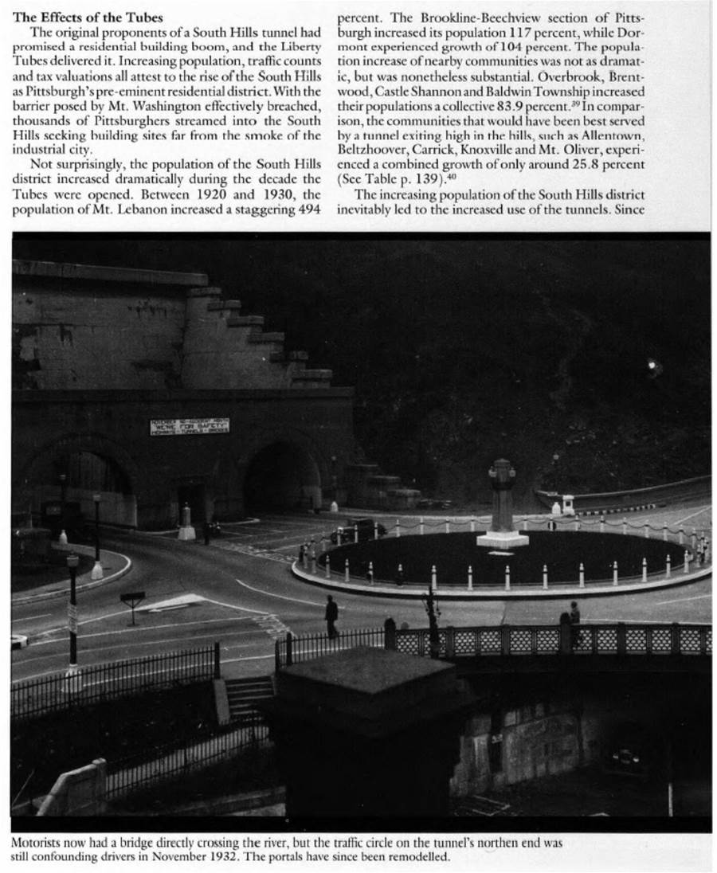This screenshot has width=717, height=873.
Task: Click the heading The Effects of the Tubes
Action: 88,18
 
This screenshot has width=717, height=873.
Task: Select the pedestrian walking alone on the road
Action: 331,616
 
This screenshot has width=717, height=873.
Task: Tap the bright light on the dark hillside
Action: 653,366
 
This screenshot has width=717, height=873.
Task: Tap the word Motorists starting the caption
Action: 40,842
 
